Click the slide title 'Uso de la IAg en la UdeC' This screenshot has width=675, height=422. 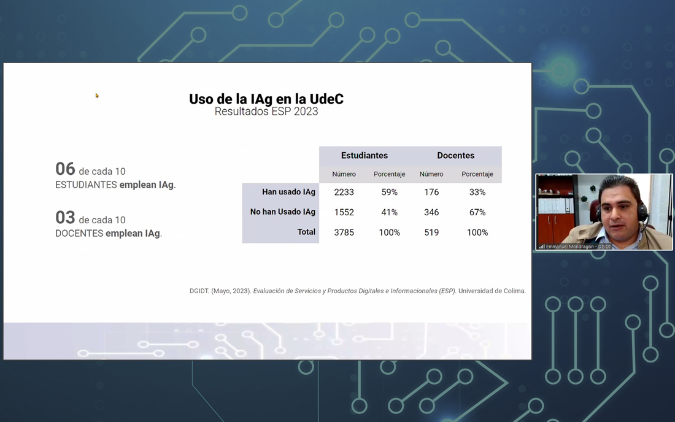click(x=266, y=99)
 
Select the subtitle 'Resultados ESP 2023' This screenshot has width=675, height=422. click(x=266, y=112)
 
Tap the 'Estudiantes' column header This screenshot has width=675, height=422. click(x=364, y=155)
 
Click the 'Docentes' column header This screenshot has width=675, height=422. click(x=455, y=155)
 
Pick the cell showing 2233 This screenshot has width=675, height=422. click(x=344, y=192)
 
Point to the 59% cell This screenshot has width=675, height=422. click(x=389, y=192)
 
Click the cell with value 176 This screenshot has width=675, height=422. click(x=431, y=192)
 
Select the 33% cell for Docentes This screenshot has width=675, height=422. click(x=477, y=192)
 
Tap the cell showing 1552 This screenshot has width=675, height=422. click(x=344, y=212)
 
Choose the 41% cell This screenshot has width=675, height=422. click(x=389, y=212)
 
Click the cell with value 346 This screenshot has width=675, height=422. click(x=431, y=212)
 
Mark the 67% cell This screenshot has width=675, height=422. click(x=477, y=212)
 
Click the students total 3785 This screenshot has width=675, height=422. click(x=344, y=232)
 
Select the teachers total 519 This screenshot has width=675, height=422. click(x=431, y=232)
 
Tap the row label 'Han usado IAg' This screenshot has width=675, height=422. click(x=288, y=192)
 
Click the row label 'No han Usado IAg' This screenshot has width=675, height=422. click(x=282, y=212)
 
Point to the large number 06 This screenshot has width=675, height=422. click(x=65, y=169)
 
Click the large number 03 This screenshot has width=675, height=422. click(x=65, y=218)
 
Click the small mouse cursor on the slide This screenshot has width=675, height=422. click(x=97, y=96)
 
